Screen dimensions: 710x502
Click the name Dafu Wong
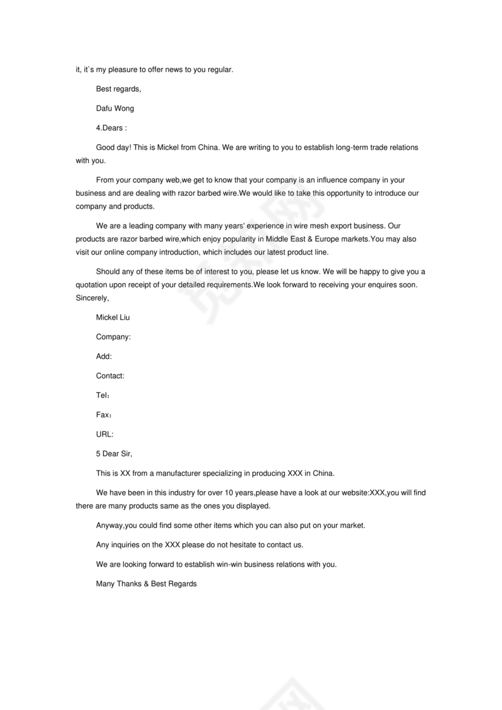pos(115,108)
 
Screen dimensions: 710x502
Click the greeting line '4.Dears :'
pos(111,128)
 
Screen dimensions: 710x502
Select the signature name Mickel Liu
pos(112,317)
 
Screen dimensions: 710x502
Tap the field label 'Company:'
pos(113,337)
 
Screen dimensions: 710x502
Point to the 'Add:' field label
pos(104,356)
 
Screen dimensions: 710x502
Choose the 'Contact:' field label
pos(110,376)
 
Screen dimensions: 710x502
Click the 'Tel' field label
pos(102,396)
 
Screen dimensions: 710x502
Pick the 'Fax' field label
pos(103,415)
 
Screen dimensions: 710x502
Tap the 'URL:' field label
pos(105,434)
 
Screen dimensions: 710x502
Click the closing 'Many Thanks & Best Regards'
pos(146,584)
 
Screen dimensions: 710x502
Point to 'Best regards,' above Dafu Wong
pos(119,89)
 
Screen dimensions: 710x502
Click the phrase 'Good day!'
pos(113,148)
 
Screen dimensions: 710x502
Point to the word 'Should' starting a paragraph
pos(108,272)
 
